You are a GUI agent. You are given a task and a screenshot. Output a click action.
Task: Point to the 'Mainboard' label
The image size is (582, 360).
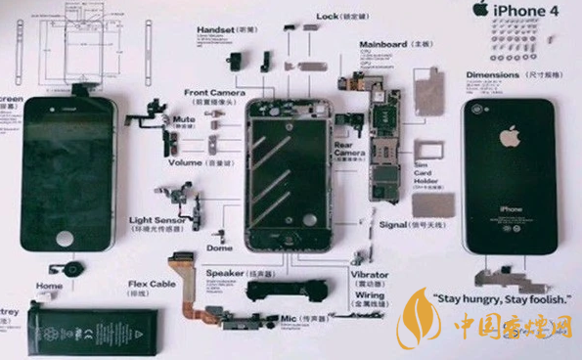(x=382, y=44)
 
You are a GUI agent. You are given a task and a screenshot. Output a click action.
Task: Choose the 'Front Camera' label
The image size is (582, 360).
(x=214, y=93)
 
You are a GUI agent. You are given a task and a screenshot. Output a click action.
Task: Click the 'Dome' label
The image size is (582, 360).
(x=220, y=247)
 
